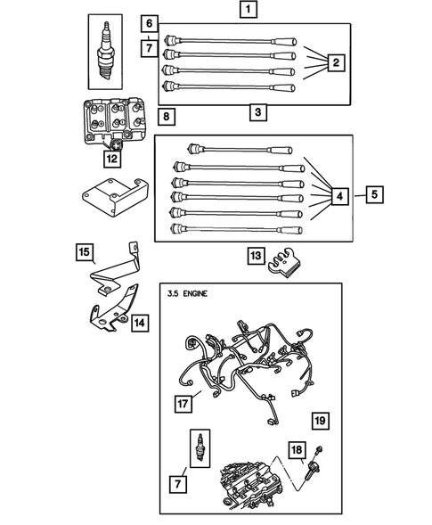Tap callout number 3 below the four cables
point(257,112)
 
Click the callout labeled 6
point(150,22)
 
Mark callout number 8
point(167,115)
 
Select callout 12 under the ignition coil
point(111,159)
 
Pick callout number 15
point(85,255)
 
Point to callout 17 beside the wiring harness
point(183,404)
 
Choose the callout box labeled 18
point(296,452)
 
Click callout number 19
point(319,419)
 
